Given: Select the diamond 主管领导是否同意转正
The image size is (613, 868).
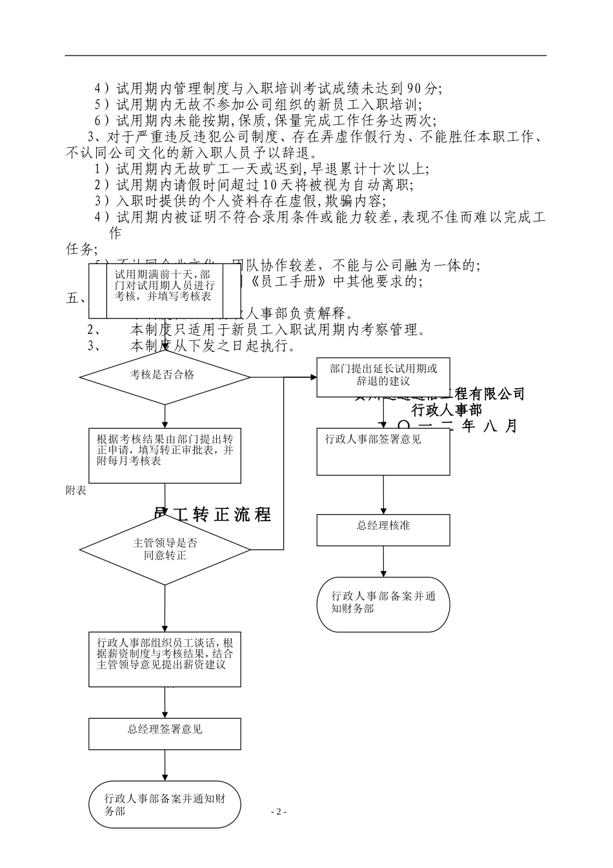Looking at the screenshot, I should coord(165,550).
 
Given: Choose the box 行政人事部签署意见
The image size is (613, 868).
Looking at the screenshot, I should coord(383,451).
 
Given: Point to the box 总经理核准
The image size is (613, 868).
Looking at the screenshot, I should coord(383,530).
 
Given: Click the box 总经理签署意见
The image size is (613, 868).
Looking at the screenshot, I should coord(165,734).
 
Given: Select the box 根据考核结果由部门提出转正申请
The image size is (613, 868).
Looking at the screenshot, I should coord(165,455).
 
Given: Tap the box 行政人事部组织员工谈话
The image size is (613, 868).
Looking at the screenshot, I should coord(165,659).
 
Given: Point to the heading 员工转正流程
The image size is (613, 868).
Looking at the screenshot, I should coord(213,515).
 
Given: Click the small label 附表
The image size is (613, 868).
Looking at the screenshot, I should coord(76,490).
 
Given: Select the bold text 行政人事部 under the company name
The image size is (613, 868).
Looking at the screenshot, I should coord(447,409).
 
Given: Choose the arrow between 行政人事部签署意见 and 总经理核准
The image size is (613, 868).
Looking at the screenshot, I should coord(383,495).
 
